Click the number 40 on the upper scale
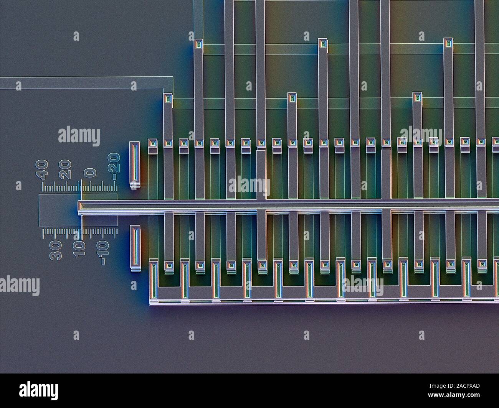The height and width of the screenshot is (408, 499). pyautogui.click(x=42, y=169)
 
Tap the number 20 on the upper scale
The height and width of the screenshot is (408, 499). pyautogui.click(x=65, y=169)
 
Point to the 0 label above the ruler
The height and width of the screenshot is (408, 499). pyautogui.click(x=90, y=172)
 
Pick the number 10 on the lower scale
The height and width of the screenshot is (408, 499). pyautogui.click(x=79, y=250)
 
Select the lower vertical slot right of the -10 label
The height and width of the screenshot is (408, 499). pyautogui.click(x=135, y=246)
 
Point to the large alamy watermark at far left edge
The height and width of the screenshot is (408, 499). pyautogui.click(x=20, y=286)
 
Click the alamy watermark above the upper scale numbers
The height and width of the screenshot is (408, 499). pyautogui.click(x=79, y=136)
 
